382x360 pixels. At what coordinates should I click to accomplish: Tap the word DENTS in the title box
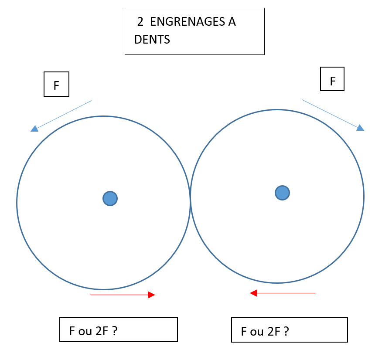pos(152,40)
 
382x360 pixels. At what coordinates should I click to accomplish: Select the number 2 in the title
pos(140,22)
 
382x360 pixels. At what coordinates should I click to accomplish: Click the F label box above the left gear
pos(57,84)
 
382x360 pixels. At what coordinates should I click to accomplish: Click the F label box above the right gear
pos(332,79)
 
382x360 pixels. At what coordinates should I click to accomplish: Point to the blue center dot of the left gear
pos(110,198)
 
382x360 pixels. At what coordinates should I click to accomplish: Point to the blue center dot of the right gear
pos(283,193)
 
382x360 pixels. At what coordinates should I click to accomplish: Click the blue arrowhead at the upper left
pos(34,129)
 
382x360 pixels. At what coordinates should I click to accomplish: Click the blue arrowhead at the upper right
pos(360,128)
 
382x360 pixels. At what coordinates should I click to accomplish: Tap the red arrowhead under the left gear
pos(151,295)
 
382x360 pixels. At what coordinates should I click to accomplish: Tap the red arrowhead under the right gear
pos(253,293)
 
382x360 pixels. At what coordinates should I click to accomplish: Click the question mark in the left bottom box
pos(114,331)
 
